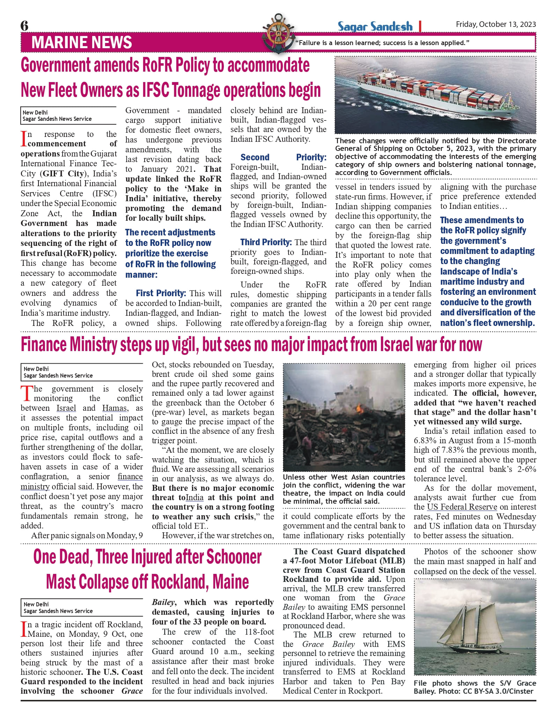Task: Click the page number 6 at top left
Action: click(x=24, y=25)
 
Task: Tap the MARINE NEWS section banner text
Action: click(x=81, y=42)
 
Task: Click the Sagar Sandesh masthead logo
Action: click(x=375, y=26)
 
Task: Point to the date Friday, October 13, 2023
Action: click(x=496, y=24)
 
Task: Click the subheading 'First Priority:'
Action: click(x=161, y=293)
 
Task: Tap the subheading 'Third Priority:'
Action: click(x=266, y=242)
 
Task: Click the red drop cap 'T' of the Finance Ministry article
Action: click(x=27, y=394)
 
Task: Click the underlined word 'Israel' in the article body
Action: click(x=66, y=408)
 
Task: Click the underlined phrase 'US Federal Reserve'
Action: click(x=462, y=507)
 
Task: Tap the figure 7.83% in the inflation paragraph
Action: click(x=450, y=450)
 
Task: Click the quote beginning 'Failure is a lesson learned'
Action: click(x=382, y=43)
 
